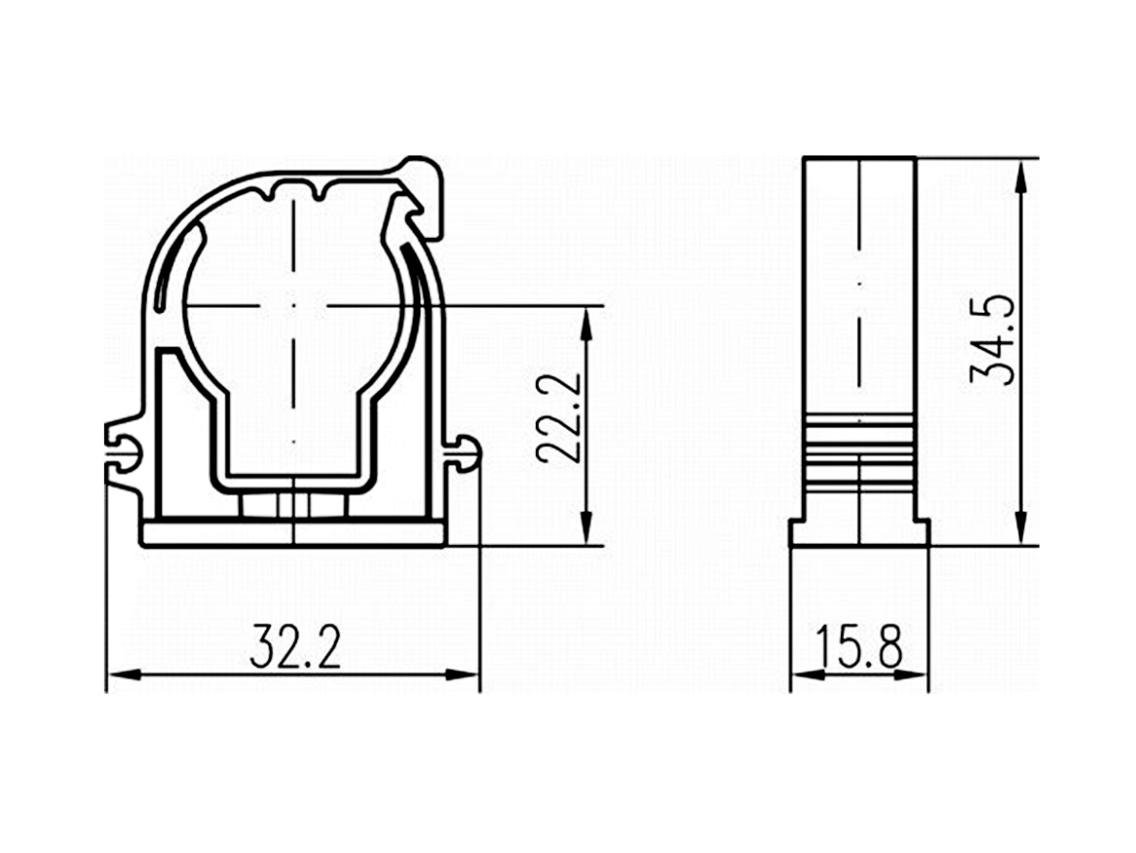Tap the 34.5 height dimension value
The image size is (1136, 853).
992,339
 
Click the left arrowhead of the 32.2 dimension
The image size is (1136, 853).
118,673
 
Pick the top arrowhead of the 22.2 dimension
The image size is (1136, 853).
585,322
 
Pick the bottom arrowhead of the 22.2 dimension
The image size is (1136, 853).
585,532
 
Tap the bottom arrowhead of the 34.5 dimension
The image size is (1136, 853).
1020,532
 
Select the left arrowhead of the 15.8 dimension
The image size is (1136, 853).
803,673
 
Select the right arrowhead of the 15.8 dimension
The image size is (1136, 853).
917,673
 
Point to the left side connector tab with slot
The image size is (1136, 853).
124,450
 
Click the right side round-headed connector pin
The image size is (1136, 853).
464,455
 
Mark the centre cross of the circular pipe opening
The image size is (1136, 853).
292,306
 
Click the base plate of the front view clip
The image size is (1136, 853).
292,533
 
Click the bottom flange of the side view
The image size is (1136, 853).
859,532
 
